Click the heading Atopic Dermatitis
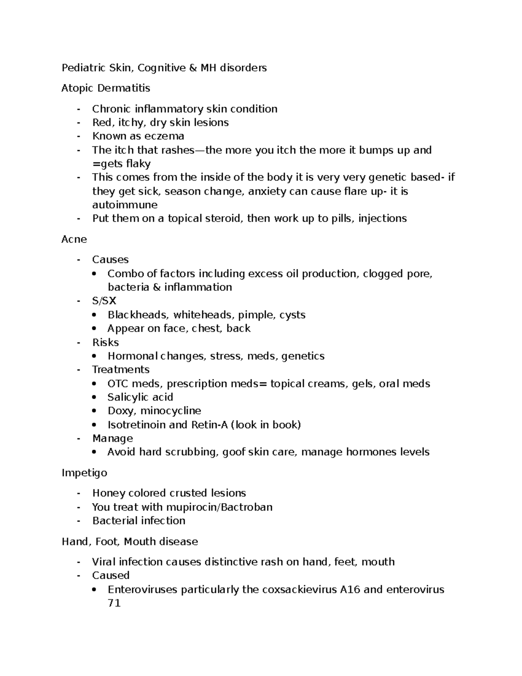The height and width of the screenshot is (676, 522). [x=106, y=88]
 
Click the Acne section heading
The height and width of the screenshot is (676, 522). [x=74, y=239]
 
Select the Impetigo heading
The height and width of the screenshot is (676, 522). [x=84, y=473]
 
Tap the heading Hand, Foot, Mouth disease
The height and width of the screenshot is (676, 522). [x=130, y=541]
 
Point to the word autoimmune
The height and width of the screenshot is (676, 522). [x=125, y=205]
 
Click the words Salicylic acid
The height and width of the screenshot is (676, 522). [x=140, y=397]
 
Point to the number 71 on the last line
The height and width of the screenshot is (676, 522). [x=114, y=603]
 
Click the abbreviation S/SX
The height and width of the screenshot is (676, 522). [x=104, y=301]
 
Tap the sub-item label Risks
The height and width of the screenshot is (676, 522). [x=105, y=342]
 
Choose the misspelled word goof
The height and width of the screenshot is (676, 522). [x=234, y=452]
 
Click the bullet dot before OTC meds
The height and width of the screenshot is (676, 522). [x=94, y=383]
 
